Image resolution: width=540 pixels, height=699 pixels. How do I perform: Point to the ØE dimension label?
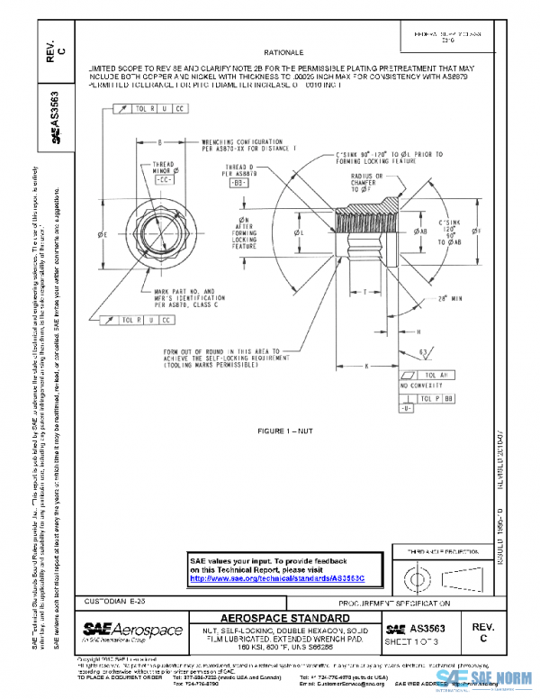104,234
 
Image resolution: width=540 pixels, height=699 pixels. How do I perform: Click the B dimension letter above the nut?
159,142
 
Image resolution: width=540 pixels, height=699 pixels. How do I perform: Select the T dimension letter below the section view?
364,291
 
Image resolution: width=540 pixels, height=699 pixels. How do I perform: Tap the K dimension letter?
367,366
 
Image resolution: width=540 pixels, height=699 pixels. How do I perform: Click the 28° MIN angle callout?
438,298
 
